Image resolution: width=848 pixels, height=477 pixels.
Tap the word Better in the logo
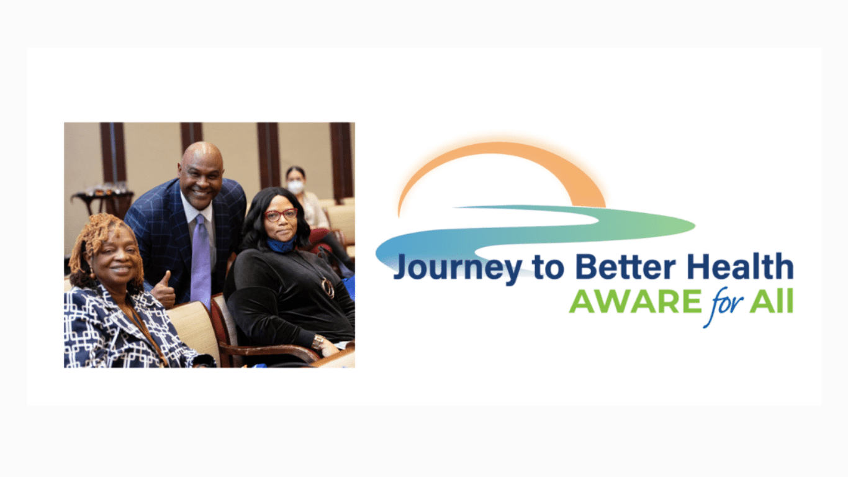pyautogui.click(x=625, y=266)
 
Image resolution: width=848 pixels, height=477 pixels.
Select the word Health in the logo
pyautogui.click(x=740, y=266)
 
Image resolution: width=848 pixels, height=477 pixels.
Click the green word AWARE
pyautogui.click(x=636, y=301)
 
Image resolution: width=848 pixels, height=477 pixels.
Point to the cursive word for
pyautogui.click(x=727, y=306)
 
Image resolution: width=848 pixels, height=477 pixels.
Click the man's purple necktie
pyautogui.click(x=201, y=261)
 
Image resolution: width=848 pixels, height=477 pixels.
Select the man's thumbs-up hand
pyautogui.click(x=163, y=290)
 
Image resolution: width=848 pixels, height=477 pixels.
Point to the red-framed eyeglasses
pyautogui.click(x=281, y=215)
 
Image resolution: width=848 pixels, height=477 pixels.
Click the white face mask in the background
pyautogui.click(x=295, y=187)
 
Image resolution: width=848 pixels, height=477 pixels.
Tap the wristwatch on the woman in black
pyautogui.click(x=317, y=342)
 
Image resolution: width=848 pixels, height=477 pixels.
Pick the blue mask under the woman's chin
pyautogui.click(x=281, y=245)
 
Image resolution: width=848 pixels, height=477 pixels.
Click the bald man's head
pyautogui.click(x=201, y=171)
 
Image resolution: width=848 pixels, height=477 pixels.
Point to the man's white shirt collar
pyautogui.click(x=197, y=211)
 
